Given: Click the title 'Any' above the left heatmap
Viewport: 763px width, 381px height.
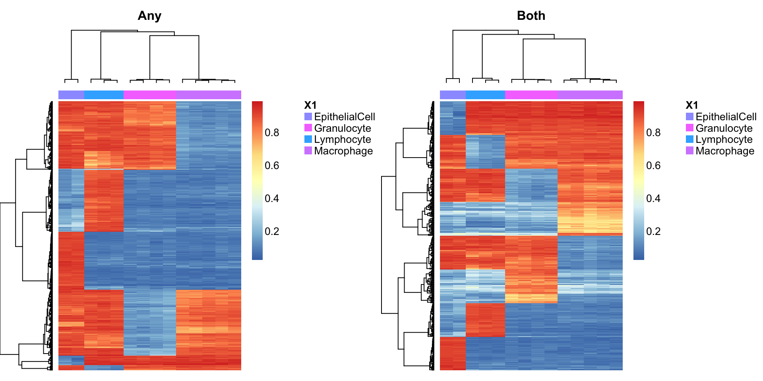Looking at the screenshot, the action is click(x=149, y=16).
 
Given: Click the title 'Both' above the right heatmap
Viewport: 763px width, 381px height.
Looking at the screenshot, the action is click(x=531, y=16).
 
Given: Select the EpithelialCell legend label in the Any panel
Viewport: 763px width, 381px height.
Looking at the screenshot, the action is click(x=345, y=117).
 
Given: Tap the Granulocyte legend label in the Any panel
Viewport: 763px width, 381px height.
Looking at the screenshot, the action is click(x=343, y=128).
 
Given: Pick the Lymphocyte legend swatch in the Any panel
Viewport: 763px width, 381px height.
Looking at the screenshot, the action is click(x=308, y=139).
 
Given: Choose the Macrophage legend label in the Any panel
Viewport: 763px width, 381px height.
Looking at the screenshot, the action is click(x=343, y=151).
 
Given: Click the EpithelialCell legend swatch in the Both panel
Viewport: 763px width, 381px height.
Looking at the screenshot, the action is click(x=689, y=116).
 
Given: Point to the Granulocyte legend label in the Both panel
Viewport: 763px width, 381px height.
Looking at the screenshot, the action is click(x=724, y=128).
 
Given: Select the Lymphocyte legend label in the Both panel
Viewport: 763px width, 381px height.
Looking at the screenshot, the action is click(x=724, y=139).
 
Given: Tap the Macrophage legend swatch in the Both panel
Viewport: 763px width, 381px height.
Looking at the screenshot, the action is click(x=689, y=150).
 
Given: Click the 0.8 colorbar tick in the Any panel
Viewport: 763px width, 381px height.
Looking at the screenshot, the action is click(x=272, y=133).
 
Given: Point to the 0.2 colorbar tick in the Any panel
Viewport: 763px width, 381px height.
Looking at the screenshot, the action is click(x=272, y=231).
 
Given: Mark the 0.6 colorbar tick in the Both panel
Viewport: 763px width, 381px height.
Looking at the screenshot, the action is click(x=653, y=165).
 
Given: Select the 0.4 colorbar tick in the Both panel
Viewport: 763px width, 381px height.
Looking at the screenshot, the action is click(x=653, y=198).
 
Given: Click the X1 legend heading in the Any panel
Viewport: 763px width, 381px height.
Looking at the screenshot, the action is click(x=310, y=105).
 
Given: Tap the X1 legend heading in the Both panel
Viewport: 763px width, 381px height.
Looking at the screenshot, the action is click(x=692, y=105).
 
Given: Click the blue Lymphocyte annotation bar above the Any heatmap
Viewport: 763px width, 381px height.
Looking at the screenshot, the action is click(x=104, y=95).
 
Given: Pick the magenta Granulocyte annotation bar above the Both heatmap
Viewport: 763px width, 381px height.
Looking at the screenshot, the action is click(x=531, y=95).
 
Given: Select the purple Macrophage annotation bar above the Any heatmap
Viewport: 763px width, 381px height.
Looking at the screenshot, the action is click(x=209, y=95).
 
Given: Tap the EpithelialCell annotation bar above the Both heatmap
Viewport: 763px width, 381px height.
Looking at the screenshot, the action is click(x=453, y=95).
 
